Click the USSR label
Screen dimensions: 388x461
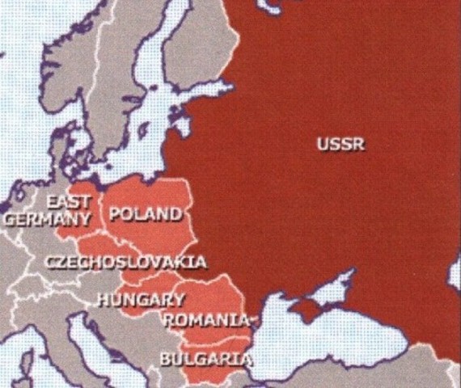[340, 145]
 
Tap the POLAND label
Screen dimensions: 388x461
[145, 214]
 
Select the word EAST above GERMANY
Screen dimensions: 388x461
[68, 201]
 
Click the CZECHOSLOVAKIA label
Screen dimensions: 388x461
[125, 262]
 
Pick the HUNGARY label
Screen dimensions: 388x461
[141, 300]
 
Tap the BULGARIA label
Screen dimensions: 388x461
[205, 358]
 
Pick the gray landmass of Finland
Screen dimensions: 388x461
[202, 48]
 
